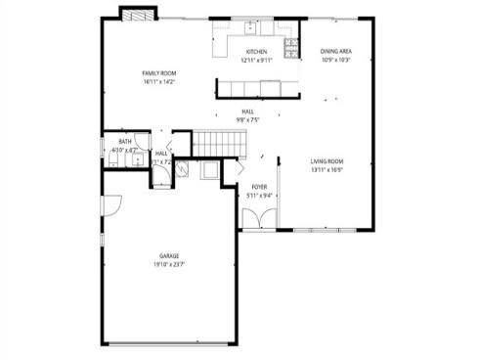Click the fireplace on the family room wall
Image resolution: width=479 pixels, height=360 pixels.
(135, 15)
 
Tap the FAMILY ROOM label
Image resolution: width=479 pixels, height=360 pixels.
(157, 73)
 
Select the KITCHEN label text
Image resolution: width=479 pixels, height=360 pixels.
(257, 51)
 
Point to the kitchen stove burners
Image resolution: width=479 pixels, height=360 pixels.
(290, 46)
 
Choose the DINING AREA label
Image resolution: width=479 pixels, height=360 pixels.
(336, 51)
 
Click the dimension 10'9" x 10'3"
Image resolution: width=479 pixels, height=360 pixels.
(336, 60)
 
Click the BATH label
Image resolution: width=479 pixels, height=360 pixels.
(125, 142)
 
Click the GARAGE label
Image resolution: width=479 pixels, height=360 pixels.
(168, 255)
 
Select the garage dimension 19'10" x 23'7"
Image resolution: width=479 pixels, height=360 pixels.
(168, 264)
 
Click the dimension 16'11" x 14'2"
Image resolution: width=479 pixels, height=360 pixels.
(157, 82)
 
